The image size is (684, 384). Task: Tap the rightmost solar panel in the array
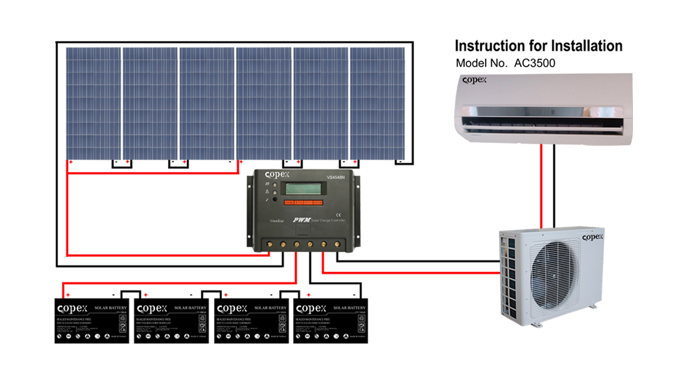(378, 102)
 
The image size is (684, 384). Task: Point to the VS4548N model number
(336, 177)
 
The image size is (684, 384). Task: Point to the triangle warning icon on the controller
(267, 191)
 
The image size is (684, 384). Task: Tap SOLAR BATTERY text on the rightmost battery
(350, 308)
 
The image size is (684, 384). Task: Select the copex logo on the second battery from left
(153, 308)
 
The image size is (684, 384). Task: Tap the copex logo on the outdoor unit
(592, 237)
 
